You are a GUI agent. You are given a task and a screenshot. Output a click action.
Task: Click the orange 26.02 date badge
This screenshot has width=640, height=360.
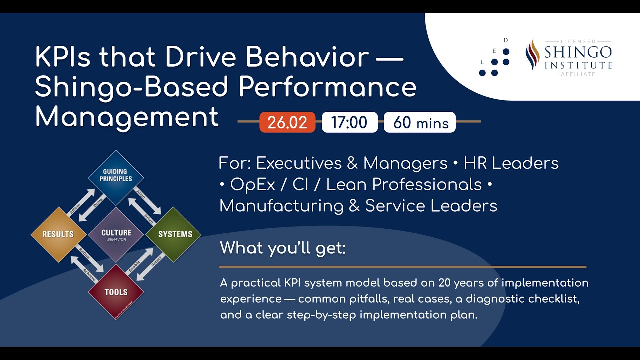pyautogui.click(x=287, y=122)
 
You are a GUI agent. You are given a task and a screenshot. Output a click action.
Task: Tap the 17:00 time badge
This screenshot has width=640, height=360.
pyautogui.click(x=349, y=122)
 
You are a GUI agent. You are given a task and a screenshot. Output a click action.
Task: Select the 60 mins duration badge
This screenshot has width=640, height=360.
pyautogui.click(x=420, y=122)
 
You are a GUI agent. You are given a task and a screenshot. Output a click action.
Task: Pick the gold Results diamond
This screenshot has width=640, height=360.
pyautogui.click(x=58, y=234)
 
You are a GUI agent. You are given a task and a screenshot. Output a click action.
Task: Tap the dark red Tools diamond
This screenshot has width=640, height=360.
pyautogui.click(x=116, y=292)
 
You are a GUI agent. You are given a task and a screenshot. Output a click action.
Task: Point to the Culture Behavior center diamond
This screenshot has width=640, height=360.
pyautogui.click(x=116, y=234)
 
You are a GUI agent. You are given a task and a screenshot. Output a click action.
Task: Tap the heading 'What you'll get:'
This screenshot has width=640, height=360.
pyautogui.click(x=283, y=248)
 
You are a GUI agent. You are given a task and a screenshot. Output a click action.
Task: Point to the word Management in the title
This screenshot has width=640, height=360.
pyautogui.click(x=127, y=118)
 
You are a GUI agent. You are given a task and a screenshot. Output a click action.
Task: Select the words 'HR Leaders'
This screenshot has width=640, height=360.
pyautogui.click(x=511, y=163)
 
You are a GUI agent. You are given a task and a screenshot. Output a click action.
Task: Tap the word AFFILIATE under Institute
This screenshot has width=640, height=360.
pyautogui.click(x=578, y=74)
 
